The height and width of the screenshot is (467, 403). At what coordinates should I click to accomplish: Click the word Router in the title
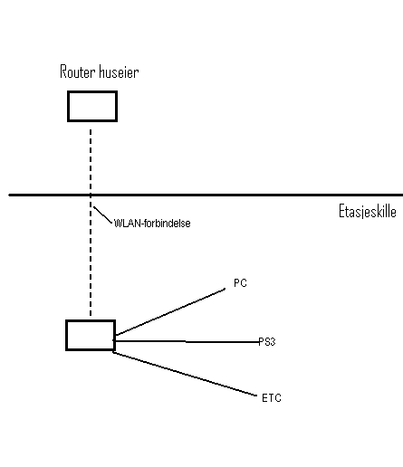click(78, 71)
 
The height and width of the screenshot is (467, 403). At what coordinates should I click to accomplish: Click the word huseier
click(119, 71)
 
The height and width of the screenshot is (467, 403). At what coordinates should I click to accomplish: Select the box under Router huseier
click(92, 106)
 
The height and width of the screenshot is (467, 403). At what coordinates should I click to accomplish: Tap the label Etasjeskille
click(368, 211)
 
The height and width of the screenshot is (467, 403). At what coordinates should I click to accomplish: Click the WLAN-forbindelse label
click(152, 224)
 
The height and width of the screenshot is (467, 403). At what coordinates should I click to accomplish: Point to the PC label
click(240, 283)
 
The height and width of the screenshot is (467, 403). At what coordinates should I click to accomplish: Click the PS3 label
click(267, 342)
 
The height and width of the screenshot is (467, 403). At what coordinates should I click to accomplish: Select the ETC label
click(272, 398)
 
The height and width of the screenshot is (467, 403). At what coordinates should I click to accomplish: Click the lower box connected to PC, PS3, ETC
click(91, 335)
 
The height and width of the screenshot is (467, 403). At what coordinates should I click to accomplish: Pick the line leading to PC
click(170, 312)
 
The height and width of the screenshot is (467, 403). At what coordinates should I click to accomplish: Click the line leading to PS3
click(187, 341)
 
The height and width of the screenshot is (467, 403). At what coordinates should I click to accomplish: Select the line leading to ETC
click(185, 374)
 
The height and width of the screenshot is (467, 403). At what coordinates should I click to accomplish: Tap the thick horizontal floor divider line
click(206, 195)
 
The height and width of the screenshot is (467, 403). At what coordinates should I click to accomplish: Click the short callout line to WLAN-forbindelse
click(102, 214)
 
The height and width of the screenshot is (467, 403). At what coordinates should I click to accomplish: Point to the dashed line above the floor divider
click(91, 161)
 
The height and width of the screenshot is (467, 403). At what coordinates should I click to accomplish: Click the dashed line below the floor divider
click(91, 256)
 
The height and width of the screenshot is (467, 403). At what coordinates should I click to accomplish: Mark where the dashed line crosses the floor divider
click(91, 195)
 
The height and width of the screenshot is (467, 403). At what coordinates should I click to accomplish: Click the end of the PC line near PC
click(225, 289)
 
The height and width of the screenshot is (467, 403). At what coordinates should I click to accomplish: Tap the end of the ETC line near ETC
click(256, 396)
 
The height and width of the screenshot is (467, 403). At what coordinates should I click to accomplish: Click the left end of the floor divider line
click(9, 195)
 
